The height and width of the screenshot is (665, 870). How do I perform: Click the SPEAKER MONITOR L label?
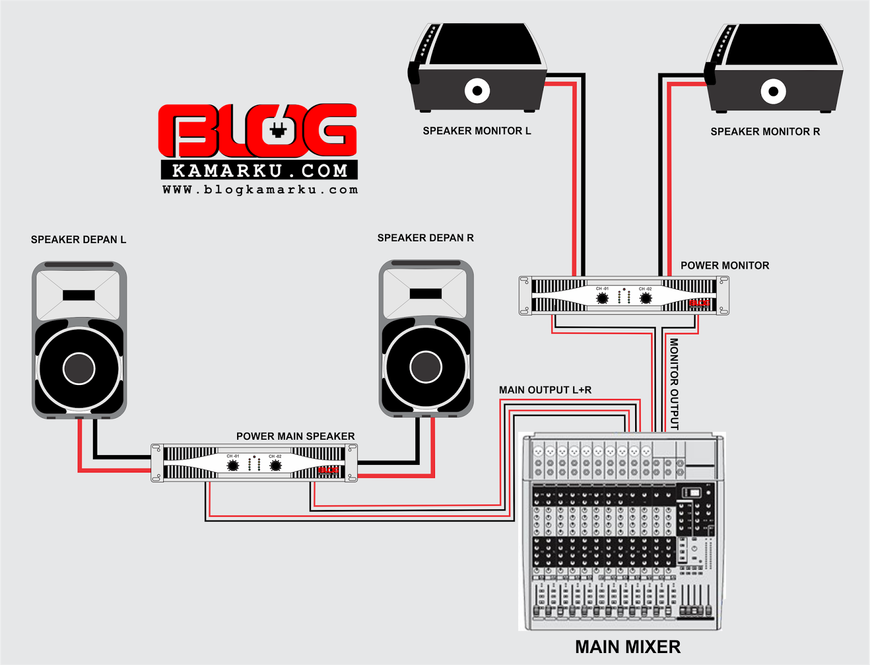(x=476, y=131)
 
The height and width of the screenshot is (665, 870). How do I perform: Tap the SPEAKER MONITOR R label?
(x=765, y=132)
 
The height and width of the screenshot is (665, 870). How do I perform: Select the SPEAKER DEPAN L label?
(x=78, y=240)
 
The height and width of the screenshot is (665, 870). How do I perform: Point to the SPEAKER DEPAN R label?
(x=425, y=238)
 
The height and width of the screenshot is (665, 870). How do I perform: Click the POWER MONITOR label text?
(x=724, y=265)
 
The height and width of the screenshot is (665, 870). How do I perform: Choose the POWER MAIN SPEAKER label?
(x=295, y=436)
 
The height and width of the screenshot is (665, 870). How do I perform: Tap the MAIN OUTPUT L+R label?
(x=545, y=390)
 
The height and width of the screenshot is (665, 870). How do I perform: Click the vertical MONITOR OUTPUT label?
(x=674, y=384)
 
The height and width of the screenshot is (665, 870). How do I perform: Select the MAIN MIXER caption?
(x=627, y=647)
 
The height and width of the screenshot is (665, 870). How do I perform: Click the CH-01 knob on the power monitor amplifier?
(x=602, y=298)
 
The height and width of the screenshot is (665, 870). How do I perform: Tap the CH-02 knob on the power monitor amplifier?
(x=645, y=298)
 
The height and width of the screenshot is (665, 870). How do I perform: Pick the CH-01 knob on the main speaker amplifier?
(x=233, y=465)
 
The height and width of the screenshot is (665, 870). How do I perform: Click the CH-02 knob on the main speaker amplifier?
(x=276, y=465)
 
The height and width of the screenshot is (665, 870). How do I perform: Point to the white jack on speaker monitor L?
(x=477, y=91)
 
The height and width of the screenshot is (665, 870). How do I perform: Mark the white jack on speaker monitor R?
(x=773, y=91)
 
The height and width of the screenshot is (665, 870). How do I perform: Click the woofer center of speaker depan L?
(x=79, y=368)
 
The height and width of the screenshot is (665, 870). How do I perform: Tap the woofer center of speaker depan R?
(x=426, y=366)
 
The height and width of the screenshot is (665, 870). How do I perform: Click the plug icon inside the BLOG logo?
(x=278, y=130)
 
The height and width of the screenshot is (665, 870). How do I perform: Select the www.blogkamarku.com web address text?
(x=260, y=190)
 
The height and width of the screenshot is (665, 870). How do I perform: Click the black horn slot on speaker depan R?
(x=425, y=294)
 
